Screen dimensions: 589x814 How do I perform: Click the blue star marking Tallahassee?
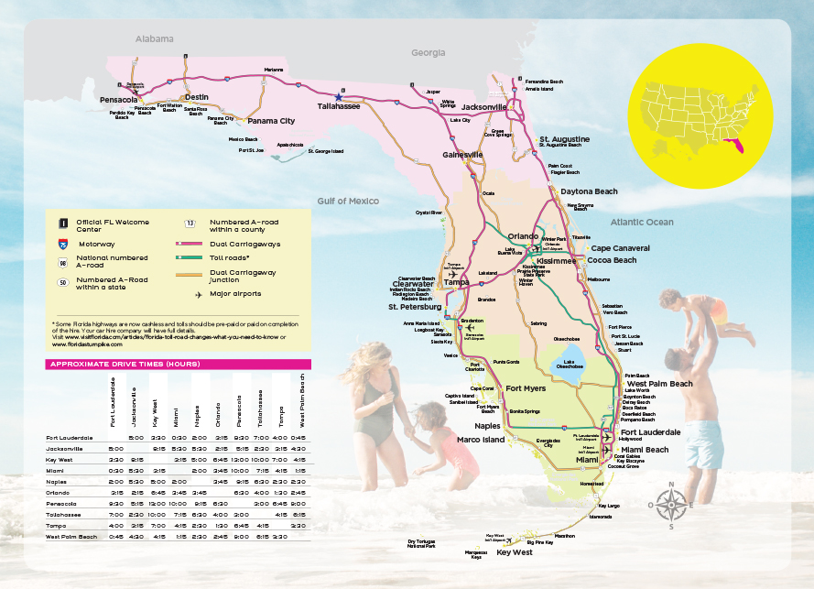point(339,96)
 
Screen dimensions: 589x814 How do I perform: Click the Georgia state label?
point(428,53)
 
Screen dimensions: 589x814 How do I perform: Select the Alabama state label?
point(154,39)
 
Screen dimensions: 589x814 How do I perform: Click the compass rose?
point(671,502)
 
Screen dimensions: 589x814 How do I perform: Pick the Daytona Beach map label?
point(589,191)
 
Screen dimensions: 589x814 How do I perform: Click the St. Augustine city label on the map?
point(564,138)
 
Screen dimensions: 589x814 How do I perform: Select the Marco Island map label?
point(481,440)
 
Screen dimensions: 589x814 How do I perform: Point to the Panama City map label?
point(271,121)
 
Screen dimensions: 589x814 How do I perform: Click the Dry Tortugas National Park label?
point(421,544)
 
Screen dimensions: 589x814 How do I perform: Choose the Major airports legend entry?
point(234,294)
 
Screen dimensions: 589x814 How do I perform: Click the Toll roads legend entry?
point(230,257)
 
